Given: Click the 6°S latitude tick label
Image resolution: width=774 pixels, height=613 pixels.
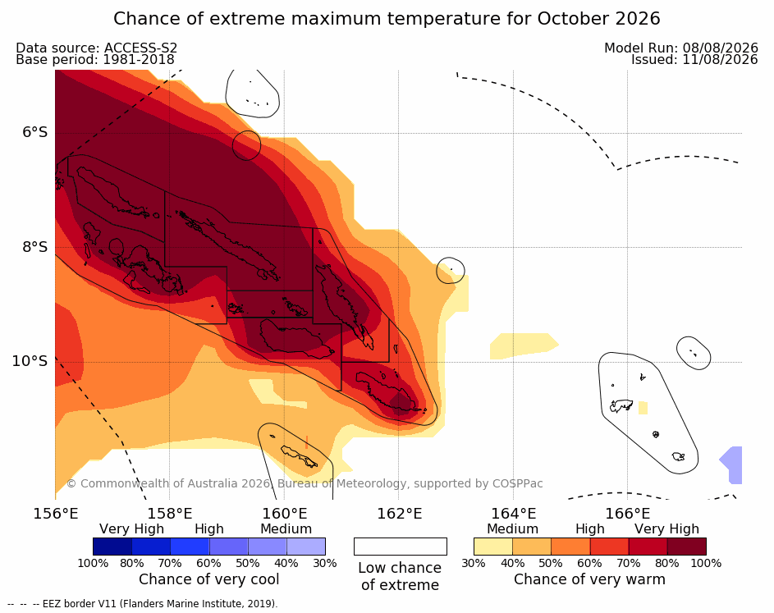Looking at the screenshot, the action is [34, 132].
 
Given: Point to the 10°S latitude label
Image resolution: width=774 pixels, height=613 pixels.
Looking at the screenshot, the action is [30, 361].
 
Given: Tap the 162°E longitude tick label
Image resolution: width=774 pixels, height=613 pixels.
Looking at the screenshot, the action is [400, 514].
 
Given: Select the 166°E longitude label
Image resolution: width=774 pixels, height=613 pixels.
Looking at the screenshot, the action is [627, 514].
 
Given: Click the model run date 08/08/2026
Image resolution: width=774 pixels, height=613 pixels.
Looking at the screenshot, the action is [720, 48].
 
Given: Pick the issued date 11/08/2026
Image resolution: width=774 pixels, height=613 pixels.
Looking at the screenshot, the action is [720, 60].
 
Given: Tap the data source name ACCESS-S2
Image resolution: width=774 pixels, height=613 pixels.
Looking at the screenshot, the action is [140, 48].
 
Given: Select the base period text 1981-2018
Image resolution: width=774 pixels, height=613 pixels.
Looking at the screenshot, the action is [138, 60].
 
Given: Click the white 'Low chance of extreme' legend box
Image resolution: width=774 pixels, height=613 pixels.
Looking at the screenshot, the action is [401, 547].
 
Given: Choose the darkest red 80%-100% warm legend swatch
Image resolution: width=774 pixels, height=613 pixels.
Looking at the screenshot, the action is [687, 547].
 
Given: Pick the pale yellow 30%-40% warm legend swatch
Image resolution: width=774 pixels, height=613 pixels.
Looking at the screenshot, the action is [493, 547].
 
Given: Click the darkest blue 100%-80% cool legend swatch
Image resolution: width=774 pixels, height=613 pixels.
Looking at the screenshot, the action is [112, 547].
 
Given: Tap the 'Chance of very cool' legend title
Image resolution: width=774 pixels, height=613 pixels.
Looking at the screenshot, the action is [208, 579].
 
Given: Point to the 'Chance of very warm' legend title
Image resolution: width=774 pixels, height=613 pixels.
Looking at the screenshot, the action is [589, 579].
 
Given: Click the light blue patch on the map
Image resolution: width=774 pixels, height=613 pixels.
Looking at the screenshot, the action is [732, 464].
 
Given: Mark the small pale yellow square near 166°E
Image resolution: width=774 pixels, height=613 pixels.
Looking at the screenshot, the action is [643, 408].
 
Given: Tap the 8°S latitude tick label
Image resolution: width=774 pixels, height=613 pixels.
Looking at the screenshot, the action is [34, 247].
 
